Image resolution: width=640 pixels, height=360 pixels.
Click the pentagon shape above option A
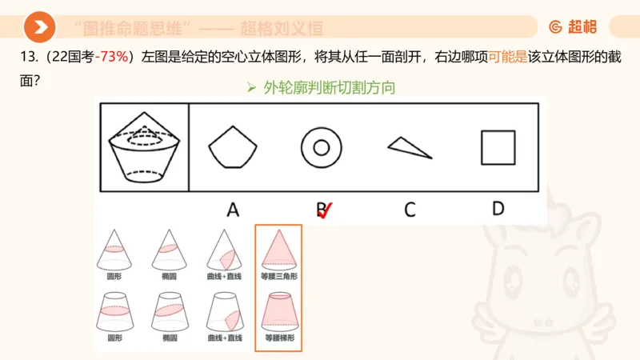coord(233,147)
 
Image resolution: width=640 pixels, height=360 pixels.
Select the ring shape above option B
coord(322,147)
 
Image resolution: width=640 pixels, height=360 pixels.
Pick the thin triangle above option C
coord(410,147)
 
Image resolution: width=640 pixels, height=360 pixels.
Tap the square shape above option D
coord(498,147)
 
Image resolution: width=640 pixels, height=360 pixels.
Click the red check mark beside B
coord(326,210)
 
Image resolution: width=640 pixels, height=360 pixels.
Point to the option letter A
coord(233,210)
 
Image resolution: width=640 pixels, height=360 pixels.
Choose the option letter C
coord(410,210)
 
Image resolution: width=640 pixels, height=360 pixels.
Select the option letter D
coord(498,209)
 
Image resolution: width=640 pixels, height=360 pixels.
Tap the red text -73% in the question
coord(114,58)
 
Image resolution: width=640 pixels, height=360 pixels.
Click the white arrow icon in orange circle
coord(39,28)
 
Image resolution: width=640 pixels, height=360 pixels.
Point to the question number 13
coord(18,58)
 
